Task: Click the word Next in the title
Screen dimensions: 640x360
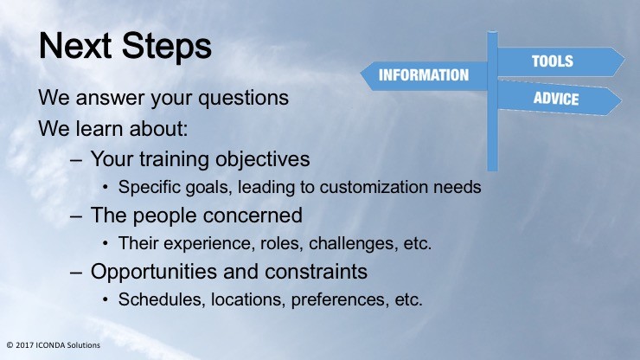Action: (x=75, y=45)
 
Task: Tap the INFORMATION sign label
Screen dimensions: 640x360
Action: (x=424, y=75)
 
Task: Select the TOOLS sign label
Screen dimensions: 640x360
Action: (x=553, y=61)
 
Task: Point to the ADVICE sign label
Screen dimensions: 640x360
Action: (x=556, y=99)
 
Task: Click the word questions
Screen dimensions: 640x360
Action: (x=243, y=99)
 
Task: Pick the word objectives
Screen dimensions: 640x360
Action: (x=262, y=160)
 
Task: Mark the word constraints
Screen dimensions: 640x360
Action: (x=311, y=272)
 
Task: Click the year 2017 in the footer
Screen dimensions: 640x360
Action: (x=24, y=345)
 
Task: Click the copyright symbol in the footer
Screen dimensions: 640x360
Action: (x=10, y=345)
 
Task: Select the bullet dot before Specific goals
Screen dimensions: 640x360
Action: (x=106, y=188)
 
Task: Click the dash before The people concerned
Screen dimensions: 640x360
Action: (x=76, y=216)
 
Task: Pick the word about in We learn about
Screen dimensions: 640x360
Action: (x=158, y=129)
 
